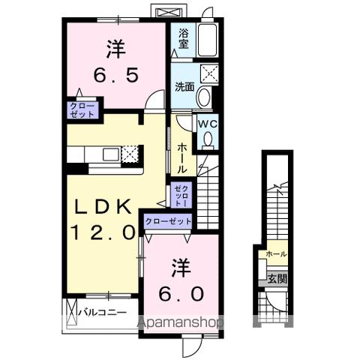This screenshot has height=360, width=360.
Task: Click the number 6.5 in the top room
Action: pyautogui.click(x=116, y=76)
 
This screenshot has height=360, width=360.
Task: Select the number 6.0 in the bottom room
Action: pyautogui.click(x=181, y=295)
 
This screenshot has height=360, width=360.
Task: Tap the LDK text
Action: pyautogui.click(x=103, y=207)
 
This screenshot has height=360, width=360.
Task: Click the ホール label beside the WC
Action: pyautogui.click(x=183, y=159)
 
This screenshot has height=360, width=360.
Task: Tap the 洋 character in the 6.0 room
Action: pyautogui.click(x=181, y=266)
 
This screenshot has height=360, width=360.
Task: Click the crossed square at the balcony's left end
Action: pyautogui.click(x=72, y=310)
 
